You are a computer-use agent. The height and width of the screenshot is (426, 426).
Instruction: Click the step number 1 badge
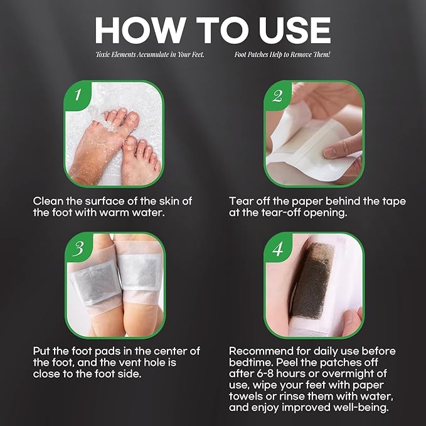tap(77, 95)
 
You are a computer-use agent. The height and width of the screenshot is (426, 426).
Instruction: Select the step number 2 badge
tap(277, 96)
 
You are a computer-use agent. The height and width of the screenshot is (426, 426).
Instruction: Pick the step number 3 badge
tap(77, 248)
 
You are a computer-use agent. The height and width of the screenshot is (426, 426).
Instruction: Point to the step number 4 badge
tap(277, 248)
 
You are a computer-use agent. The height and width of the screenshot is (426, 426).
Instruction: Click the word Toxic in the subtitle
tap(106, 55)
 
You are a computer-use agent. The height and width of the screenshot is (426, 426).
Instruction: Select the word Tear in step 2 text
tap(242, 201)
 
